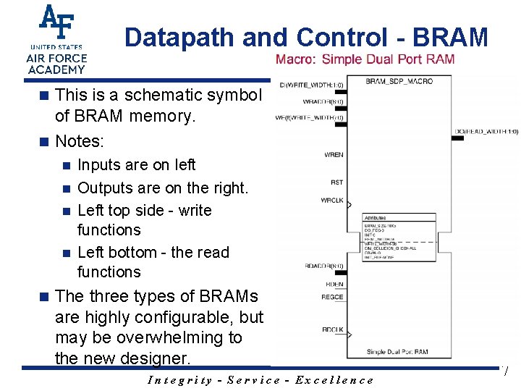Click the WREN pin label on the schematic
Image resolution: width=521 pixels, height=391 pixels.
point(334,155)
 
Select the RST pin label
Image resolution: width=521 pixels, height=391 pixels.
point(336,182)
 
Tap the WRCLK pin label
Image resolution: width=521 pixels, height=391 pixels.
point(333,201)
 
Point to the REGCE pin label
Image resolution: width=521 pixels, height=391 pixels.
point(332,297)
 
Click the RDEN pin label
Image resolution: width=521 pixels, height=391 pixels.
point(334,285)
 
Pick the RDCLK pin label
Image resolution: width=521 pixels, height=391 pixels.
point(333,330)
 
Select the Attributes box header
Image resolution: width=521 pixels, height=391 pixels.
point(375,217)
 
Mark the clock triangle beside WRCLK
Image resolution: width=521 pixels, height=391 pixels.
point(350,206)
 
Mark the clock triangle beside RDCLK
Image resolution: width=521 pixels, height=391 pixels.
point(350,335)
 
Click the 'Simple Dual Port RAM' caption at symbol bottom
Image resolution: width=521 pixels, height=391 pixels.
point(397,352)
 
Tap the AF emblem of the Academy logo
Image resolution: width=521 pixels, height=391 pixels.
point(56,23)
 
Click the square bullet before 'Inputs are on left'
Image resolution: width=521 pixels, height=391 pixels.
point(65,166)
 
